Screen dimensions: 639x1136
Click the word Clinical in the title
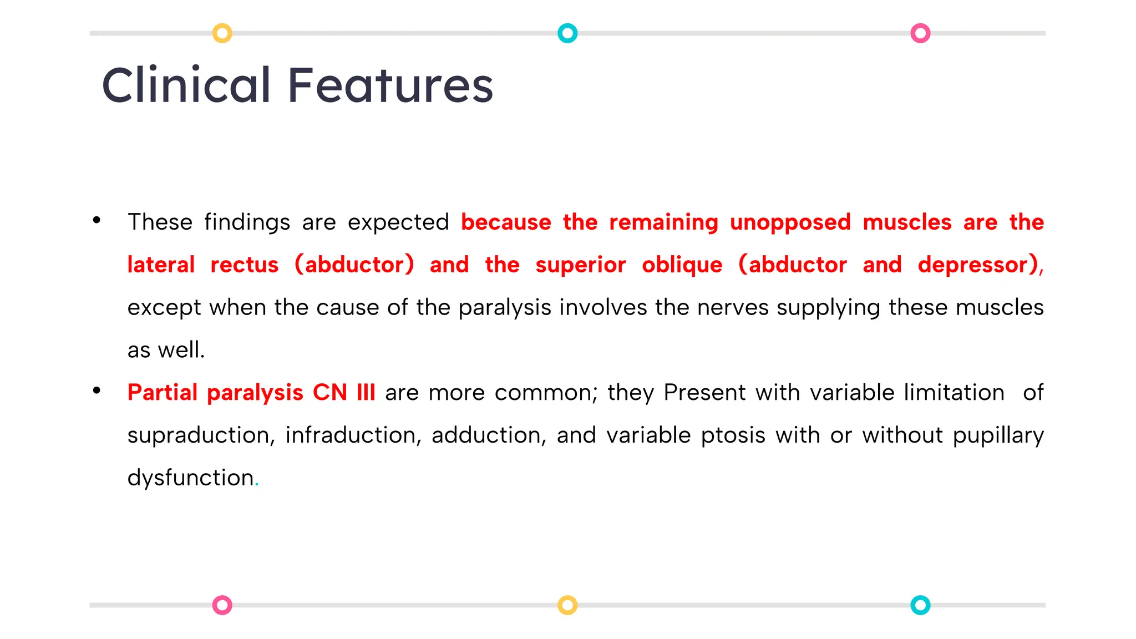(x=186, y=85)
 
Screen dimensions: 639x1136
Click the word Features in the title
(x=390, y=85)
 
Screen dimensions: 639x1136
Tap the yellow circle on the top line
(x=222, y=33)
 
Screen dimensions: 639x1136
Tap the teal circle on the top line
(x=567, y=33)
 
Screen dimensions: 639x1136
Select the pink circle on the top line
(x=920, y=33)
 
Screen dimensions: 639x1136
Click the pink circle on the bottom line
(x=222, y=605)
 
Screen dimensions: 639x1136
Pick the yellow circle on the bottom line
(x=567, y=605)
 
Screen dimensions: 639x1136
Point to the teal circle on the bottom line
(x=920, y=605)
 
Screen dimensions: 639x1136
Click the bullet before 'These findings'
(x=97, y=220)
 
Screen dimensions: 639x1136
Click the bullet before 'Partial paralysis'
(x=97, y=390)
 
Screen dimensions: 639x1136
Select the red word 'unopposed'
(x=790, y=223)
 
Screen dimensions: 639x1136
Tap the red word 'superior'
(x=580, y=265)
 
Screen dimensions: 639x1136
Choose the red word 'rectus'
(x=244, y=265)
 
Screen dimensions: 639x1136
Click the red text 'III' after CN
(x=366, y=393)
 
